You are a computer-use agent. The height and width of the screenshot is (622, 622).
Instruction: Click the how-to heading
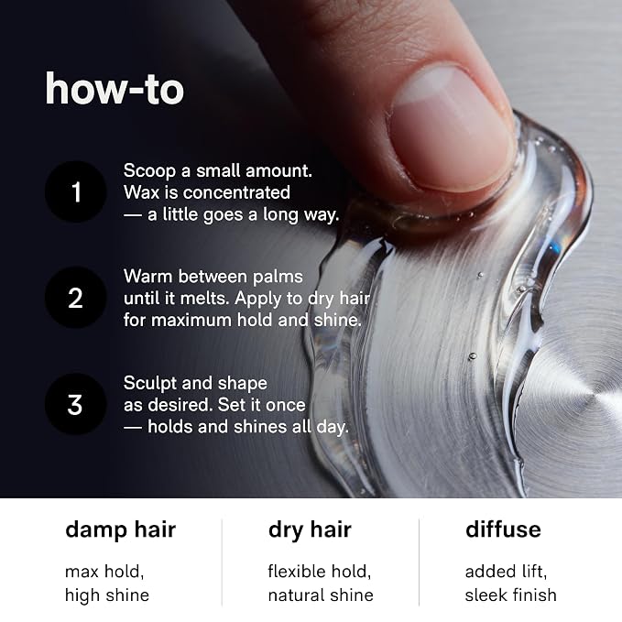coord(115,89)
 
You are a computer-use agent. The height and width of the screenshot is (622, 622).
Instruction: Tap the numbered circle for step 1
coord(75,191)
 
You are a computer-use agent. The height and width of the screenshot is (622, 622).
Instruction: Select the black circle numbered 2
coord(75,298)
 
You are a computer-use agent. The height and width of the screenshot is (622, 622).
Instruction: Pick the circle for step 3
coord(75,404)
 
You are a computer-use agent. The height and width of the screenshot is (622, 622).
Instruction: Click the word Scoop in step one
coord(149,171)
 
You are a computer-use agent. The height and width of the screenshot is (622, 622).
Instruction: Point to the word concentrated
coord(236,192)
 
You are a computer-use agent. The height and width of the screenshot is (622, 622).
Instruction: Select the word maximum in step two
coord(191,320)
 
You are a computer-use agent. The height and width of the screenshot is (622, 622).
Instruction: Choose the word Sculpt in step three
coord(149,383)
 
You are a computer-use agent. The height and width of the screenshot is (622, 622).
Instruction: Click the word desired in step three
coord(183,405)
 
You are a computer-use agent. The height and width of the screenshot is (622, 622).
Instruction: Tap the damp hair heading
coord(121,530)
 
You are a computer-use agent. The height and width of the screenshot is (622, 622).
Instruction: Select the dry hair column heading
coord(310,531)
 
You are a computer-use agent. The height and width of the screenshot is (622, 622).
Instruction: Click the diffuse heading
coord(503,529)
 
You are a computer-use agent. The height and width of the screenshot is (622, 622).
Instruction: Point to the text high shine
coord(107,595)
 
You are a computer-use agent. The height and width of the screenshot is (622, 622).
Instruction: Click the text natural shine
coord(321,595)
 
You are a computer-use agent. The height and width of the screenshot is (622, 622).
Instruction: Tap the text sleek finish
coord(511,595)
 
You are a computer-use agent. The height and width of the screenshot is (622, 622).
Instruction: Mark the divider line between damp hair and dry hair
coord(222,562)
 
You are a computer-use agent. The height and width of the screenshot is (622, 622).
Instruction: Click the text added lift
coord(506,572)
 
